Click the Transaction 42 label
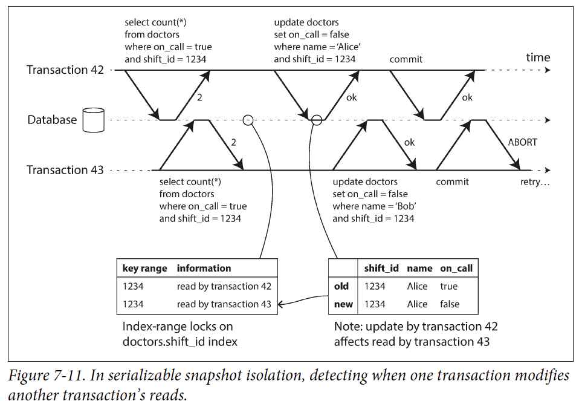(65, 70)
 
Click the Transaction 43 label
(65, 170)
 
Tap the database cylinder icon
(94, 120)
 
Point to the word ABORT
(522, 143)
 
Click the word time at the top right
(537, 57)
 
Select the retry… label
(535, 182)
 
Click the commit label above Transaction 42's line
(406, 59)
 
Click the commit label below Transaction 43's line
(452, 182)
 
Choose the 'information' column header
(204, 268)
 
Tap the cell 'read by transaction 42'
(224, 286)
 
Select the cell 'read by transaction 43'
(224, 304)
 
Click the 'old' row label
(341, 286)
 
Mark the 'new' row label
(343, 304)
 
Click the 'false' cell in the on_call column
(450, 304)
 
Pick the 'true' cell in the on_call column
(448, 286)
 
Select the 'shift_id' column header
(381, 268)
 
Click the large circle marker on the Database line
(316, 120)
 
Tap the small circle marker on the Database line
(247, 120)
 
